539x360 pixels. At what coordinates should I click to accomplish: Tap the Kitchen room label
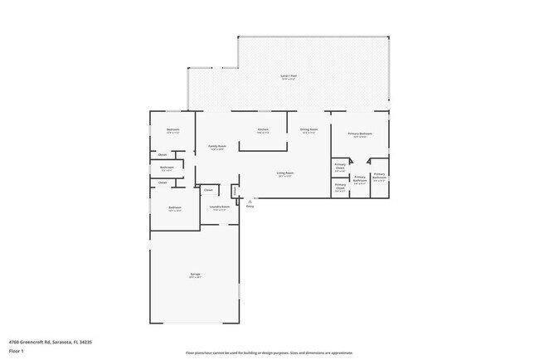263,129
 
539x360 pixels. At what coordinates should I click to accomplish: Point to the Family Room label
216,146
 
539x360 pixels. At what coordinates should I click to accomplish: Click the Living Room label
285,173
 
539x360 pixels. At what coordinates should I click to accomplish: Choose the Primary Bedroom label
359,134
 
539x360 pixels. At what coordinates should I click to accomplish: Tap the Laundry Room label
220,207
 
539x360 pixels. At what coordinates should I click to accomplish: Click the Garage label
196,274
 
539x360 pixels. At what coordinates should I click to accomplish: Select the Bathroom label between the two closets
167,168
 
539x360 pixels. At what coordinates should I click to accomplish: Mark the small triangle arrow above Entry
250,200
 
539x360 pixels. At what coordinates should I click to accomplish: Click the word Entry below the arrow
250,206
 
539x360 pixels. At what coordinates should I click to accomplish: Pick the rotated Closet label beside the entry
236,191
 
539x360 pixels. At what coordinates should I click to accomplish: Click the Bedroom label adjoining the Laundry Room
174,207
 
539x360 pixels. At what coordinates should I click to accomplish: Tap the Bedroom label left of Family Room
172,129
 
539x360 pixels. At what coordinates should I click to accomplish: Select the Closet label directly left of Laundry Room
208,190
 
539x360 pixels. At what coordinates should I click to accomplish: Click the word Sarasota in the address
60,342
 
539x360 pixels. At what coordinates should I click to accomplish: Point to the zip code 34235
85,342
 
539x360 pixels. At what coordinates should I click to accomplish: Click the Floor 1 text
16,351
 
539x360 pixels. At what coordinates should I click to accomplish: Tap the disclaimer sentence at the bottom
269,352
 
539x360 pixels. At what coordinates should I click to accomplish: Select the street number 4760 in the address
13,342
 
